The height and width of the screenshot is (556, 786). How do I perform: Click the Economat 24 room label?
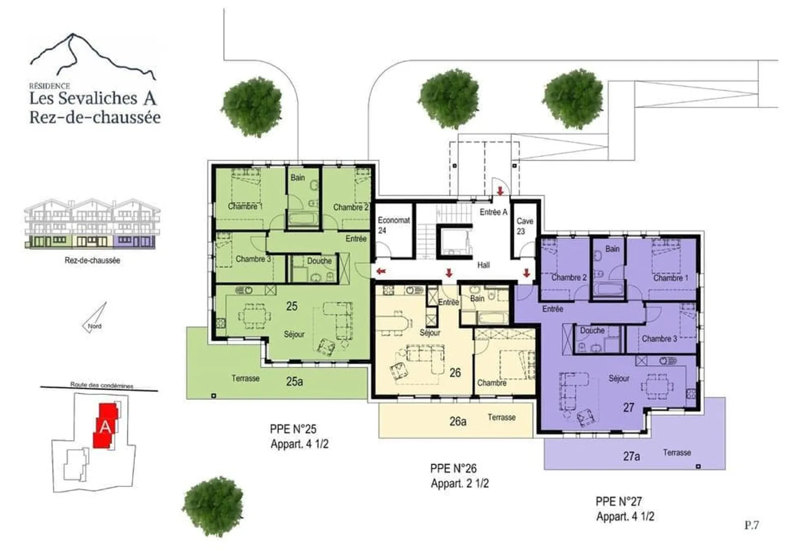click(393, 225)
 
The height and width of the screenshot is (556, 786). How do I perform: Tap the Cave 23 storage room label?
click(525, 226)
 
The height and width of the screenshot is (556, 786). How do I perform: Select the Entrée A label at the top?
click(493, 212)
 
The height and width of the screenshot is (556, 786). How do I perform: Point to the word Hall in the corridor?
click(483, 265)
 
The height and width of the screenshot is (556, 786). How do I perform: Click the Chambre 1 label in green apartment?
click(245, 206)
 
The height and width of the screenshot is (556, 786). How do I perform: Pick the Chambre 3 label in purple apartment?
click(659, 339)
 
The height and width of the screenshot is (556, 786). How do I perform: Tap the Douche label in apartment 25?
click(319, 261)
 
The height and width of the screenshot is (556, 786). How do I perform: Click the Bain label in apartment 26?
click(477, 298)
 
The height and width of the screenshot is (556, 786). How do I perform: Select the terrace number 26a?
click(457, 421)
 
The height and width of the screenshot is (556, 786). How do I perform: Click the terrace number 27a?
click(631, 456)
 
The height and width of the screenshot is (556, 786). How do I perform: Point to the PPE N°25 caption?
click(293, 429)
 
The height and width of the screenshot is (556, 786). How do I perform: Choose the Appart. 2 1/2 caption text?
click(460, 483)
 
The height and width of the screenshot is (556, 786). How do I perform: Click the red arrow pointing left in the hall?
click(381, 270)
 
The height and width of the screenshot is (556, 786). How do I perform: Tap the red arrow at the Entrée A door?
click(500, 191)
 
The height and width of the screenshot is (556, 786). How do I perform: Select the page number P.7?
click(751, 525)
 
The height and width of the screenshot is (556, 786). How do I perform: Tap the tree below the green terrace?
click(212, 506)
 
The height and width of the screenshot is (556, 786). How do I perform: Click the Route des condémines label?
click(102, 385)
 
